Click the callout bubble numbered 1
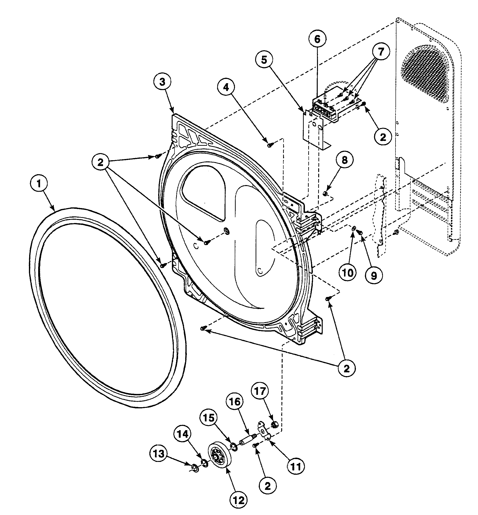pos(39,184)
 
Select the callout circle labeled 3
pos(162,82)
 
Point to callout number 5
pos(264,60)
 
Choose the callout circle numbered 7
pos(381,52)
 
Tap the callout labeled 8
pos(345,160)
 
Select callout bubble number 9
pos(374,276)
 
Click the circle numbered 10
pos(348,273)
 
